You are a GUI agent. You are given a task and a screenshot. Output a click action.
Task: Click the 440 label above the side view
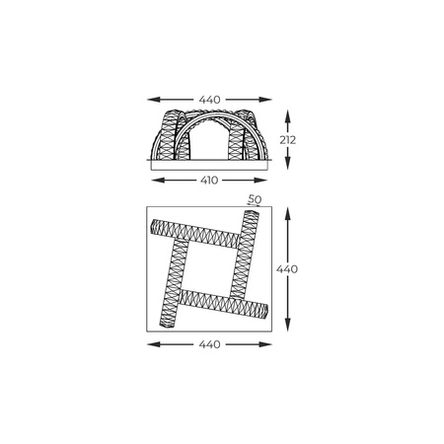208,99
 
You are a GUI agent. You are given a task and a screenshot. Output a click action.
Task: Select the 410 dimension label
208,181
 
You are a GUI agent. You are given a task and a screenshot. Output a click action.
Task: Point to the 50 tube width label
255,200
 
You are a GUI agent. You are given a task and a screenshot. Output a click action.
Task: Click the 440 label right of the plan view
288,268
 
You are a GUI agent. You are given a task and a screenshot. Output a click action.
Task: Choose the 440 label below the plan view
208,344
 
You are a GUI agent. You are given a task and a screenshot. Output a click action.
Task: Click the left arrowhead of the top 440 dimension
150,99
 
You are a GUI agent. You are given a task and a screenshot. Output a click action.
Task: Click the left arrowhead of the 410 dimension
153,181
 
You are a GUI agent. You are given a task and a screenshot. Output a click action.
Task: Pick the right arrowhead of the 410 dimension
264,181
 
